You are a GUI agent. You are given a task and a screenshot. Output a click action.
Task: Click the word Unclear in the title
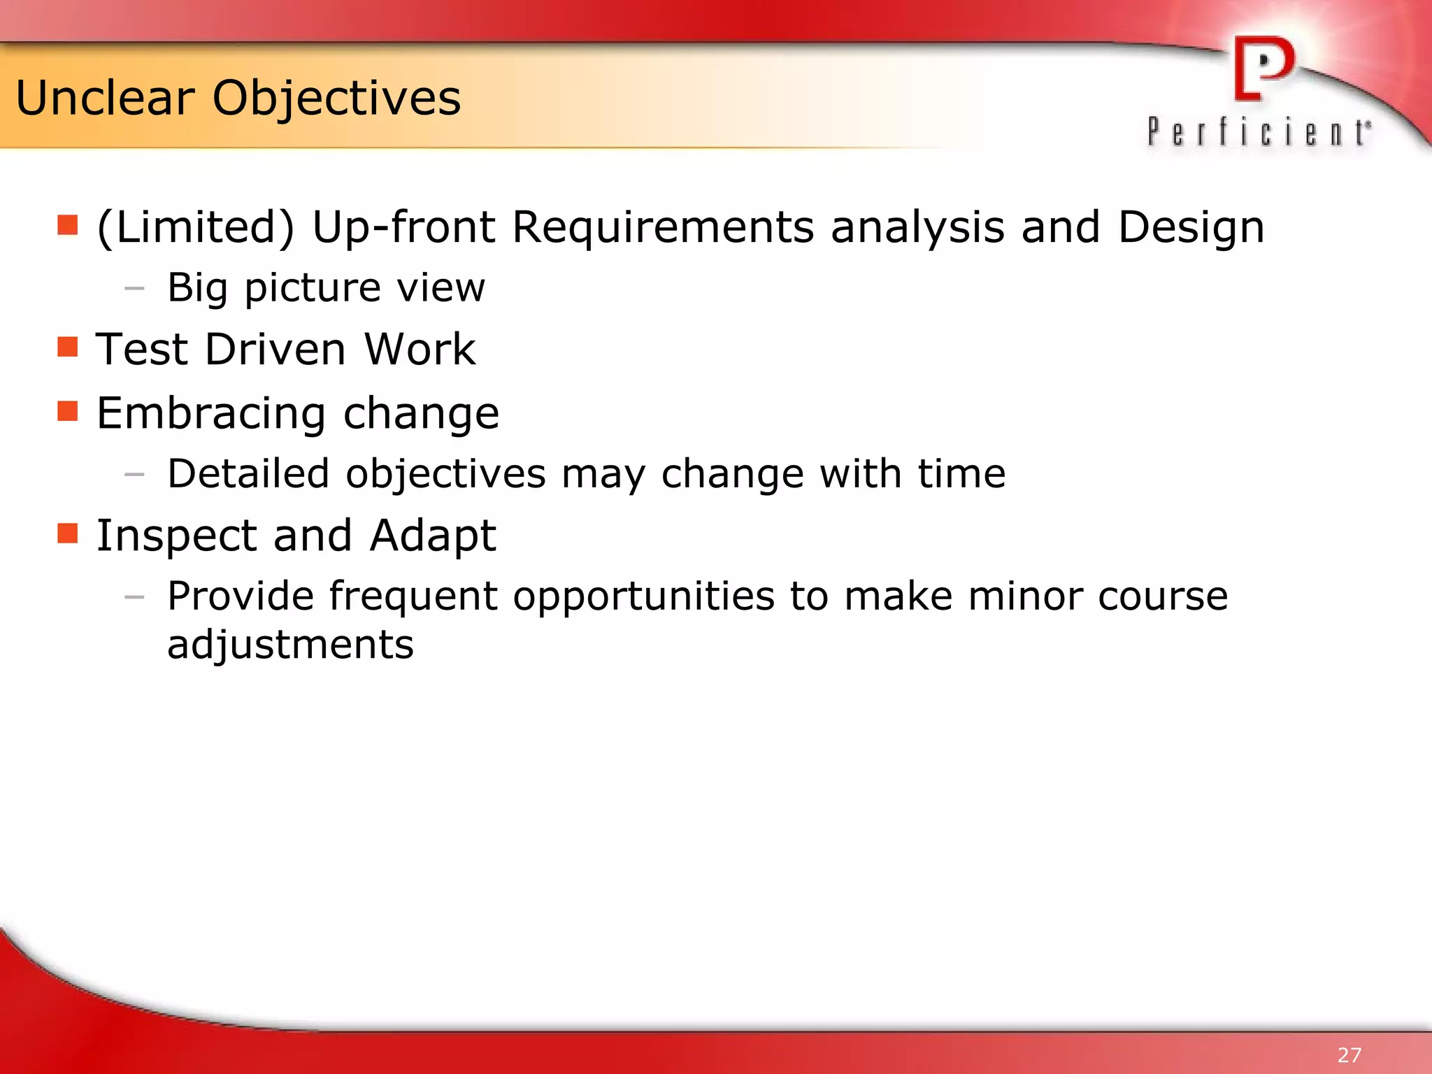click(105, 98)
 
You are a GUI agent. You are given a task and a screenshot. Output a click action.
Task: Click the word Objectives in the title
click(336, 98)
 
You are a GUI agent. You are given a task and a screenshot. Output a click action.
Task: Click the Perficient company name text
click(1259, 132)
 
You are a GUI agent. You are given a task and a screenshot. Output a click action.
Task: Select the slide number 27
click(1349, 1054)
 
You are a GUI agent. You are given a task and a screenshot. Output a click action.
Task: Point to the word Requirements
click(663, 227)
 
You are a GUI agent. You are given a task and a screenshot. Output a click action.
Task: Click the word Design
click(1191, 227)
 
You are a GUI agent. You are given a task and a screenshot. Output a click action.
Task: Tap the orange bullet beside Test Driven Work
click(68, 347)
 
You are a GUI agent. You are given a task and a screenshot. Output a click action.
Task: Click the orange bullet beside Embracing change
click(68, 410)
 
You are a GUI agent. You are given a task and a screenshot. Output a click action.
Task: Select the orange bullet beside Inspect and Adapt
click(68, 533)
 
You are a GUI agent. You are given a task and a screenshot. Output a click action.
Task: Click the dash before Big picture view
click(134, 287)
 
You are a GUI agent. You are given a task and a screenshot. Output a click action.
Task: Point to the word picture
click(313, 287)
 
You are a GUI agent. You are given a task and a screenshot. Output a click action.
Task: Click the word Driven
click(275, 349)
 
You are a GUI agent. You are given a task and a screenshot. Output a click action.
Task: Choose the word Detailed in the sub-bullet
click(248, 473)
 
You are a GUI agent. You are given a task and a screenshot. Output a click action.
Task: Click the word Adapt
click(432, 535)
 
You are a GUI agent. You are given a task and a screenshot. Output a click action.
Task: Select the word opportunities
click(643, 596)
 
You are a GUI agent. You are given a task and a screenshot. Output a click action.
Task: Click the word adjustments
click(290, 644)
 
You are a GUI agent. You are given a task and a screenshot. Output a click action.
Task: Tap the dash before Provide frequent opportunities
click(134, 597)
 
